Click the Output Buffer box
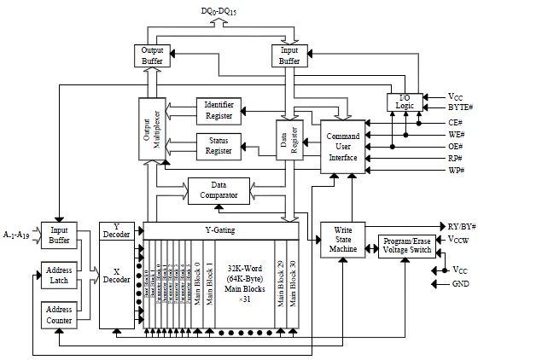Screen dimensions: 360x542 click(150, 55)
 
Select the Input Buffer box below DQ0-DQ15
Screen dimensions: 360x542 click(289, 55)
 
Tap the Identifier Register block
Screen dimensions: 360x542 click(220, 109)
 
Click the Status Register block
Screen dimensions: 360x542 click(220, 145)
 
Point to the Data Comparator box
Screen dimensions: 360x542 click(219, 190)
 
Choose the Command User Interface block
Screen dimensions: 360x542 click(342, 147)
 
